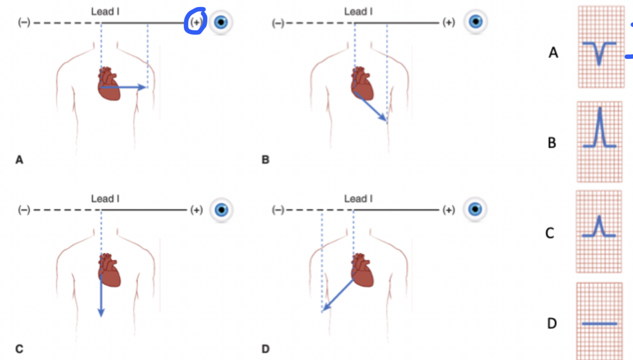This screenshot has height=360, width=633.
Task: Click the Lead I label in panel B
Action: tap(358, 11)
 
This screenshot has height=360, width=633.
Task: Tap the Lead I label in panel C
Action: tap(105, 199)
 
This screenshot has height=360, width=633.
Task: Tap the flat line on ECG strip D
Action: tap(599, 324)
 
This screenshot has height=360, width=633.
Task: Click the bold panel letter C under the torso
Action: tap(19, 350)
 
